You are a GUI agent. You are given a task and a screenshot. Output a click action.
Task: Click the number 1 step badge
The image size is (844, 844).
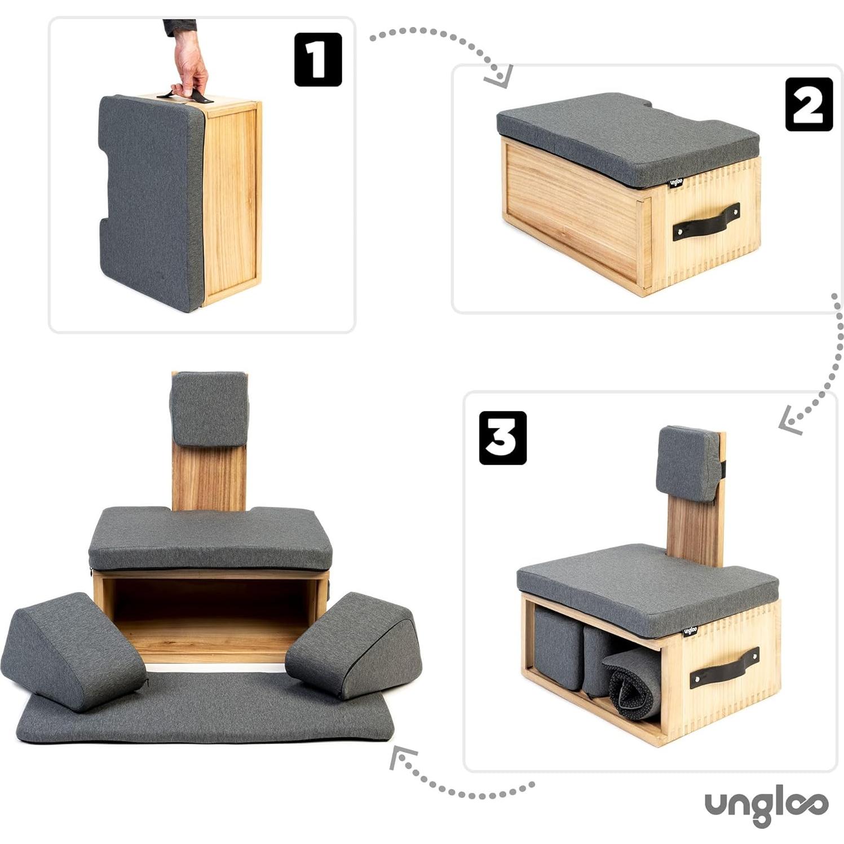coord(318,59)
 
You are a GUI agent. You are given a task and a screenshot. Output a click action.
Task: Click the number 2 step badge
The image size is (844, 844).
coord(808,104)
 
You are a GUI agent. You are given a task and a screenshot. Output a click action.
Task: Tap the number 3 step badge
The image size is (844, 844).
coord(502,438)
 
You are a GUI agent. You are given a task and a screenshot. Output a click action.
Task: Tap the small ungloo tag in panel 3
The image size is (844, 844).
coord(690,630)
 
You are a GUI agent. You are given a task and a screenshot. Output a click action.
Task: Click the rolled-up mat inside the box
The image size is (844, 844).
coord(631,682)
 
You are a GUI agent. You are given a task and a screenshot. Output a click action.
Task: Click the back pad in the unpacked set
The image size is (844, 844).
coord(209,409)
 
